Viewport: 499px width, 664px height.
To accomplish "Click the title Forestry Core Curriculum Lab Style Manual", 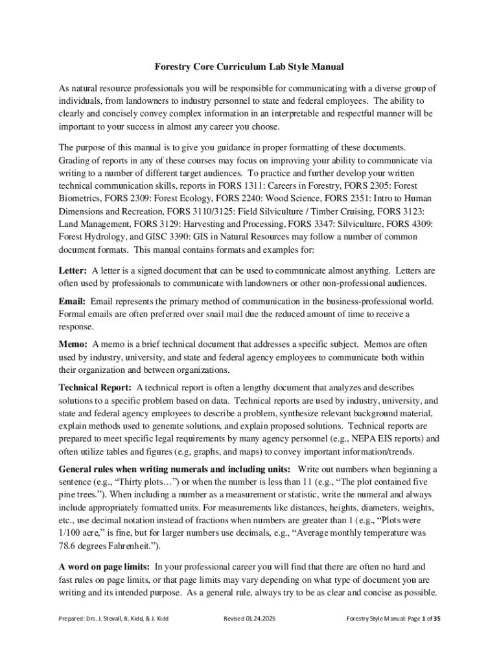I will click(249, 66).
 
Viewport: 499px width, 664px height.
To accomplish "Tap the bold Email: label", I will click(73, 302).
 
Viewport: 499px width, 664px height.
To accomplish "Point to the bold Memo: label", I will click(74, 344).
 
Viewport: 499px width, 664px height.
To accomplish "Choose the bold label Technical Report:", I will click(95, 387).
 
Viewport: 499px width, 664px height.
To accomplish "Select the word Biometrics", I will click(81, 198).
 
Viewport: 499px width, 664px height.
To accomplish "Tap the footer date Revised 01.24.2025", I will click(250, 619).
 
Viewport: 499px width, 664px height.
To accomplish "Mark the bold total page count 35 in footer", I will click(437, 619).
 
